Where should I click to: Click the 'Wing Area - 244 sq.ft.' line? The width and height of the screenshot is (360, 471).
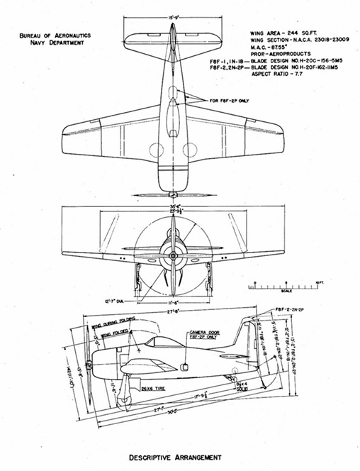pyautogui.click(x=280, y=34)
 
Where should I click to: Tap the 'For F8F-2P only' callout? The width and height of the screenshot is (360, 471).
pyautogui.click(x=227, y=101)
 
